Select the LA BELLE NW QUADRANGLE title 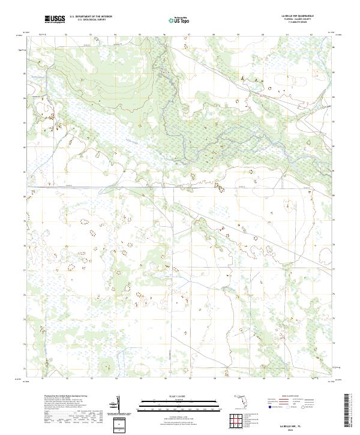(294, 16)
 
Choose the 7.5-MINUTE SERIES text (294, 26)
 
